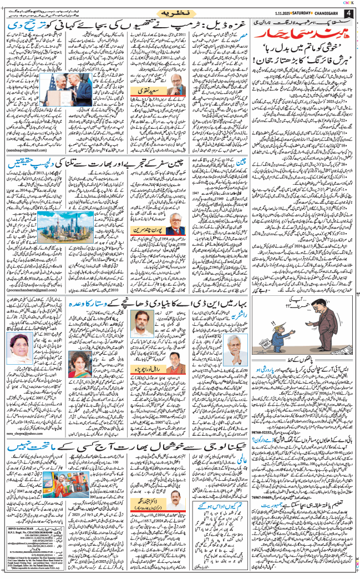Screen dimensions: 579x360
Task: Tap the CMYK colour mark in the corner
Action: tap(349, 3)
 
